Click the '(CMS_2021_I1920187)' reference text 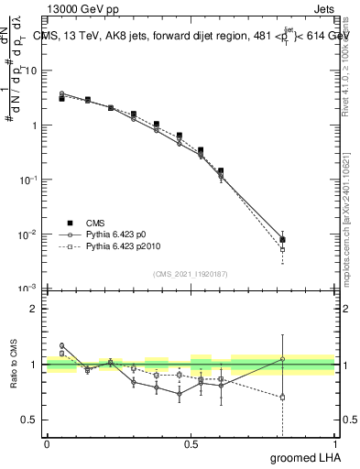191,274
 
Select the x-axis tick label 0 48,444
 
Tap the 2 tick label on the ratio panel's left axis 34,309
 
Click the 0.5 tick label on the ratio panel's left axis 30,420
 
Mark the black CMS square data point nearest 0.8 283,240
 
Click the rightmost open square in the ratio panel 283,398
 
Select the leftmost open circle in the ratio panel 61,345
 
